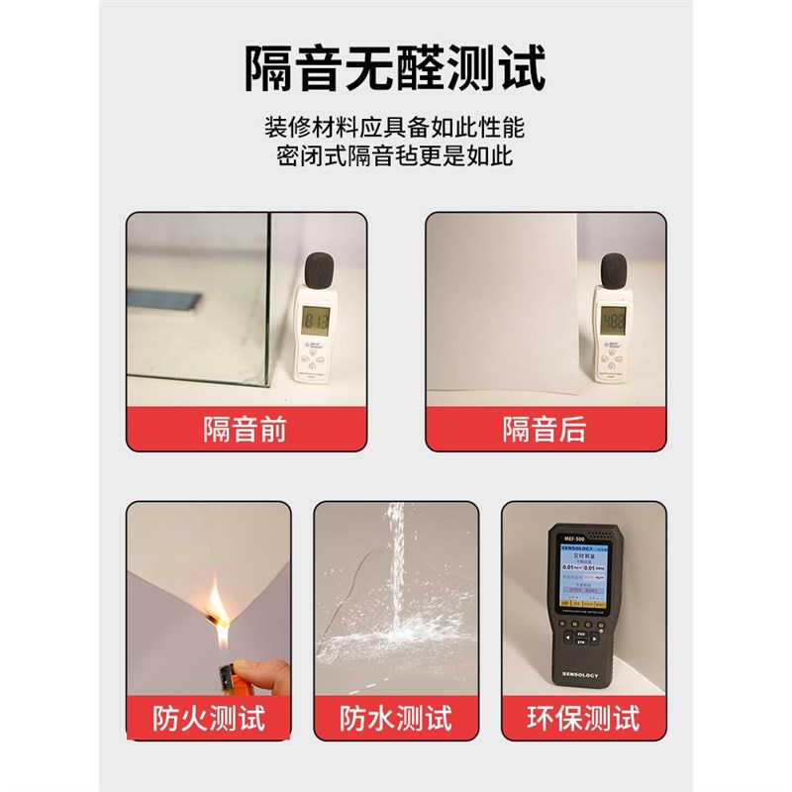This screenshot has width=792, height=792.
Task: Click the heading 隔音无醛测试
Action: (396, 67)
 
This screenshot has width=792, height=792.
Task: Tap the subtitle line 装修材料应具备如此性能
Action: (396, 128)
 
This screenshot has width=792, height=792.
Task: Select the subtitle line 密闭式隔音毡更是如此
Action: (396, 156)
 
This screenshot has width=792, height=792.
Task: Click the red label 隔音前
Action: (245, 429)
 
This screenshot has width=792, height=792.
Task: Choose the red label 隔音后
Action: (544, 429)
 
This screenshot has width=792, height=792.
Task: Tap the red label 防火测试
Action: (208, 718)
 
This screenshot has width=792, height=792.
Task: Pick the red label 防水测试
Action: (396, 718)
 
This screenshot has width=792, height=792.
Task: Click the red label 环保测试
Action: (583, 718)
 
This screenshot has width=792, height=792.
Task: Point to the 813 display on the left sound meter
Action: (316, 319)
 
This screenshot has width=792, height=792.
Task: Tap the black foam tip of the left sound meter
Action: (318, 270)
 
